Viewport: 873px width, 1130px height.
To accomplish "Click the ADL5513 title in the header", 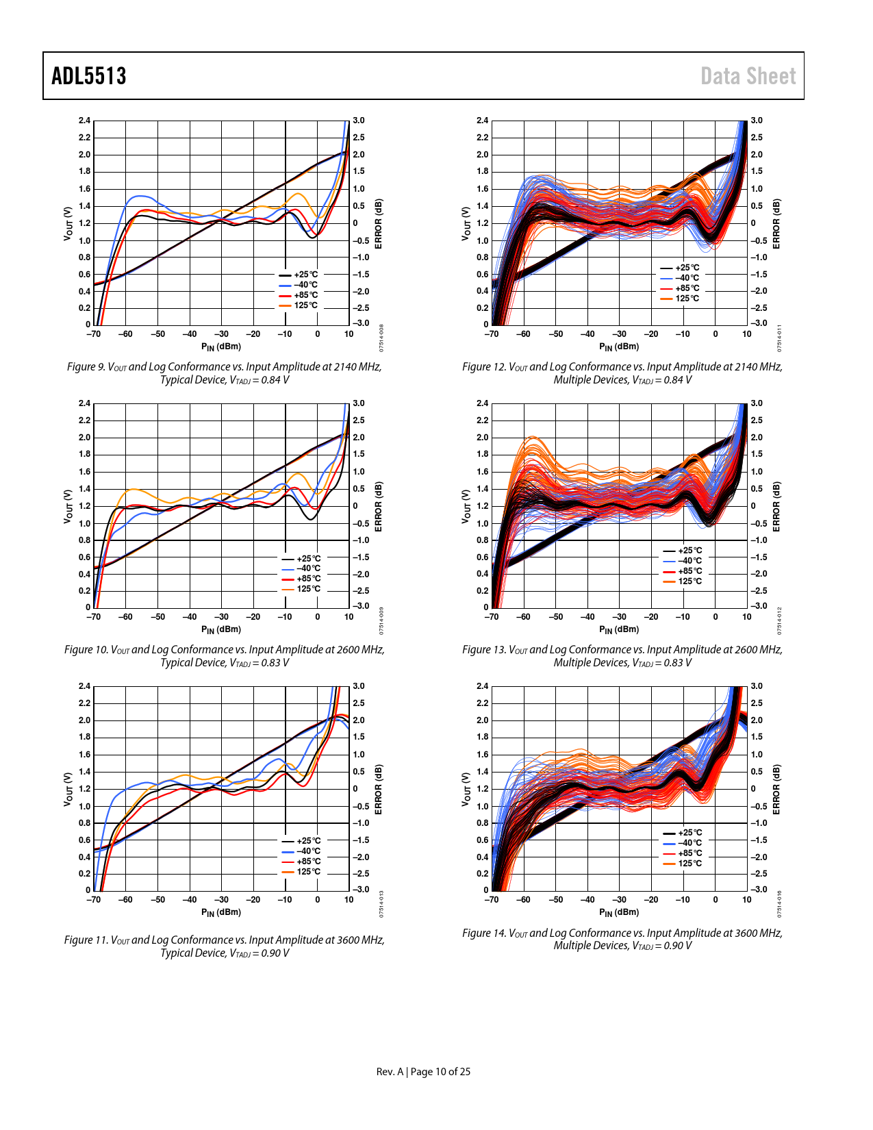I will tap(89, 76).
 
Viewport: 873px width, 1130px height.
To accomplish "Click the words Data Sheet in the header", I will tap(748, 76).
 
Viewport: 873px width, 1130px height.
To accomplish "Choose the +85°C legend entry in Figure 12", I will tap(687, 288).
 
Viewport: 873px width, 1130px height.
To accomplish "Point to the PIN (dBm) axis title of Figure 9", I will tap(221, 347).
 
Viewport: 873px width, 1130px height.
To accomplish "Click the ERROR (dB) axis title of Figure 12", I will tap(776, 224).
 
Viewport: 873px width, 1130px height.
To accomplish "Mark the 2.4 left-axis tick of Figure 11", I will tap(84, 686).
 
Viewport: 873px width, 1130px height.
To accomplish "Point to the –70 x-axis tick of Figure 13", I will tap(492, 617).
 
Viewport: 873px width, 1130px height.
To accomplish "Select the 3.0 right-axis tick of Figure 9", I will tap(359, 121).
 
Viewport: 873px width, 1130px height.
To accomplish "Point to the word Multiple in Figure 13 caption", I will tap(572, 663).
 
